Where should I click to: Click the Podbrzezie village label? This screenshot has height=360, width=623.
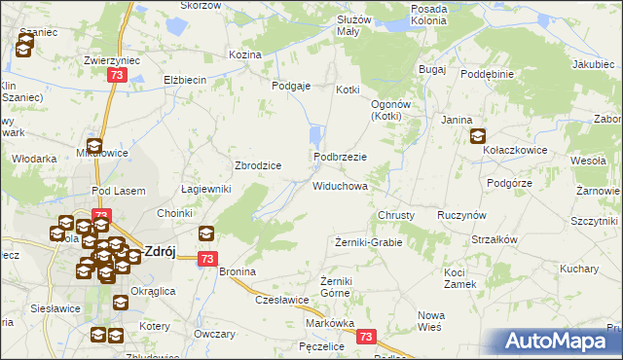(340, 157)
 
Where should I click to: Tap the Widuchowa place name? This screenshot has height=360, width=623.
(340, 185)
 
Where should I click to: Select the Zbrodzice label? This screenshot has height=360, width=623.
(258, 165)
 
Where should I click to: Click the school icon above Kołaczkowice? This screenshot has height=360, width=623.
(478, 137)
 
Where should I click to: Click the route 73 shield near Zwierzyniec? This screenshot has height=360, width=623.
(117, 76)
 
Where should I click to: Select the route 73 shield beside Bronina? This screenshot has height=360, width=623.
(206, 259)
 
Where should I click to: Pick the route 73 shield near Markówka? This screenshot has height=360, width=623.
(366, 337)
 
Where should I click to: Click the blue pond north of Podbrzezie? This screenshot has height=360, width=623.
(314, 135)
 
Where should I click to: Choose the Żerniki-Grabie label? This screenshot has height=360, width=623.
(368, 241)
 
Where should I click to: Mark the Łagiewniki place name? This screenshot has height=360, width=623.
(206, 190)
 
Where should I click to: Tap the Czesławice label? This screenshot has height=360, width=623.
(282, 300)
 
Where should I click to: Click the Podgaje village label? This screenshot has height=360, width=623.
(290, 86)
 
